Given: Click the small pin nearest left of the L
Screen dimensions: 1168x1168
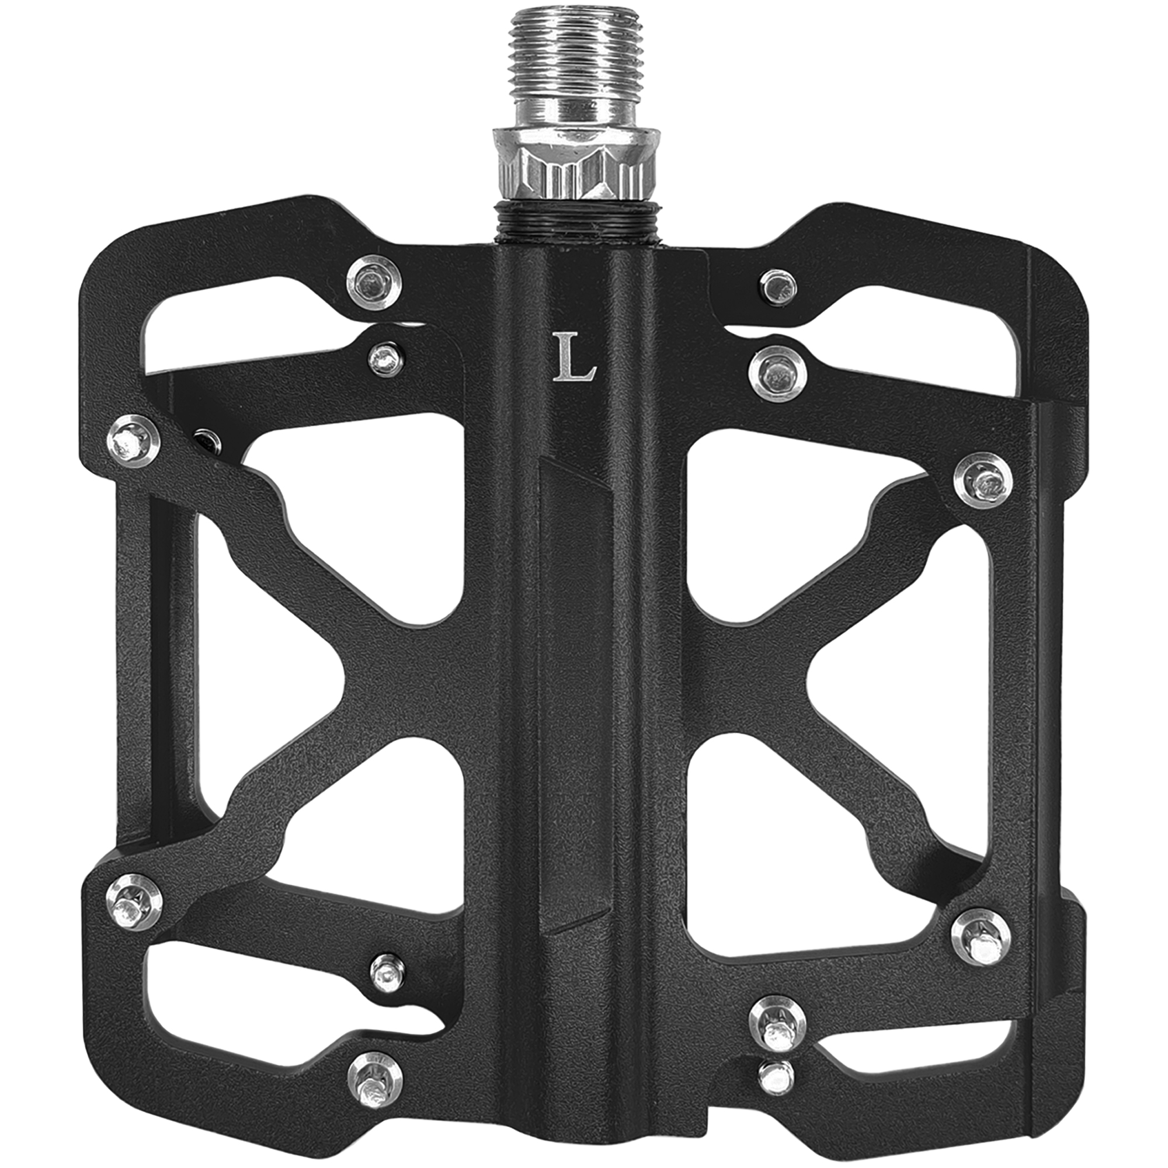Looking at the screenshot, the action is [385, 361].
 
